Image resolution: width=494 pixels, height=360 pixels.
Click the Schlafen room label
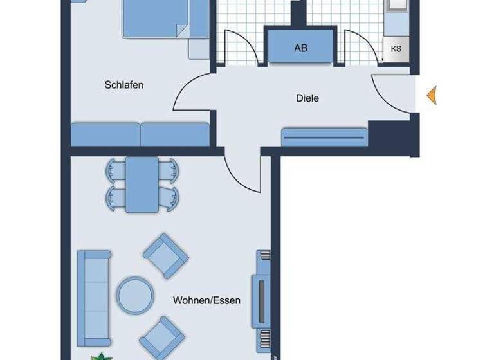(124, 85)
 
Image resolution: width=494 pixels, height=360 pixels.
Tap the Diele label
(307, 98)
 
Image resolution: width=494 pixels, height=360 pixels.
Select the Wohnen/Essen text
(206, 300)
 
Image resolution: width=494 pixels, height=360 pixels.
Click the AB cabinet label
(300, 48)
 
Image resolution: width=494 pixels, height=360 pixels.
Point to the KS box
(396, 48)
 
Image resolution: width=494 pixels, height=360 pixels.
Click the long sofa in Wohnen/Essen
(93, 298)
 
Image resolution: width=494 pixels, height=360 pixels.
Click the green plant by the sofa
(100, 355)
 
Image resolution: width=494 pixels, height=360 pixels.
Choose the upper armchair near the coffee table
(166, 255)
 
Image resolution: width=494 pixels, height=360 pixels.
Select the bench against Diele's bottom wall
(325, 136)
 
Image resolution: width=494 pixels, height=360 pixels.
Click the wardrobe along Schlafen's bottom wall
(140, 134)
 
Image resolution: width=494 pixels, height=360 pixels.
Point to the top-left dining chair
(115, 171)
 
